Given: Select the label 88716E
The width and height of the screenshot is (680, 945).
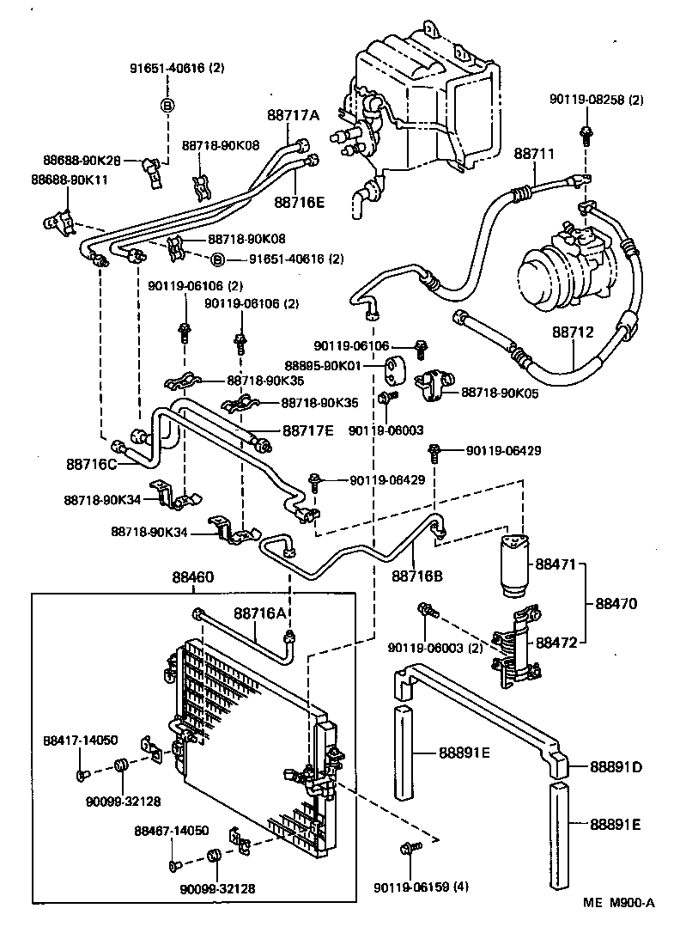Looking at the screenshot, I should (299, 202).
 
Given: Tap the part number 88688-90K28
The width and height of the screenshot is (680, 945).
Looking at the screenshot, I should (82, 160).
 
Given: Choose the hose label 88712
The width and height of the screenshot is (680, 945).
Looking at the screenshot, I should (574, 331).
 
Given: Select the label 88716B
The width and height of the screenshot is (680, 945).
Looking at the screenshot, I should (417, 576).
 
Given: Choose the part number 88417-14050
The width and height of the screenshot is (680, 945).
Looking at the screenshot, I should (82, 740).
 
